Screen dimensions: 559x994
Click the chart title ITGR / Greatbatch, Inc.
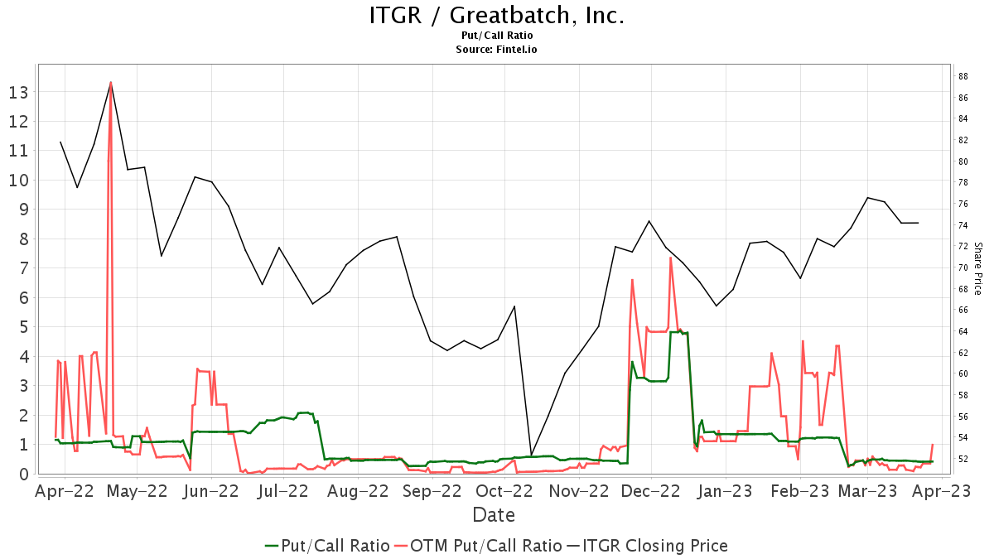496,16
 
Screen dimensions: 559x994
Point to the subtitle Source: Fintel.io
496,50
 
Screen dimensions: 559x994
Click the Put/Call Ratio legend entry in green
328,546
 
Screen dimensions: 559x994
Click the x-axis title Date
494,515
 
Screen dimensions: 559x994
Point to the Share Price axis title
977,268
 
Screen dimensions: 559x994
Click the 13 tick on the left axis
18,92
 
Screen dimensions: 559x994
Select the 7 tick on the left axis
23,268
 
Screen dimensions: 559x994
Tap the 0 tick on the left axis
23,474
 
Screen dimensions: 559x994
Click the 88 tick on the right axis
963,76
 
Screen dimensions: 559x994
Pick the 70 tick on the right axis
963,267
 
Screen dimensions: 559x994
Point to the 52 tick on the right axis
963,459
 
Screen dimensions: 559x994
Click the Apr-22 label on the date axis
65,491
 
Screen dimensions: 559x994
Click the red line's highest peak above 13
111,82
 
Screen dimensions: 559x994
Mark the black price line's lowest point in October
531,455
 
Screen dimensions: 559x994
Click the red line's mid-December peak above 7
670,258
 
